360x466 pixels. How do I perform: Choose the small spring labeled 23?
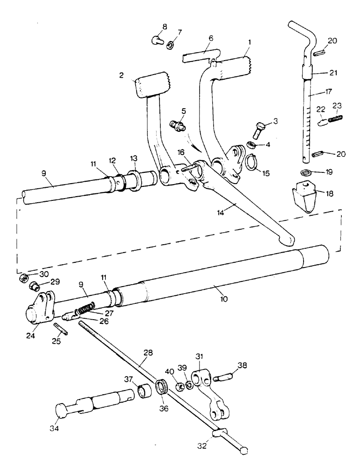[334, 120]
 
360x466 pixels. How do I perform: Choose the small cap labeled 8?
[157, 41]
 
